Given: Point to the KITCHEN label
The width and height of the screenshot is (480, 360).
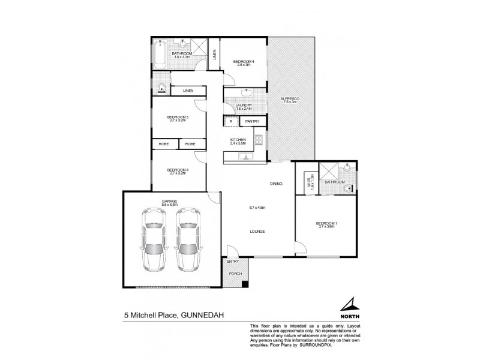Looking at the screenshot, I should pyautogui.click(x=238, y=140).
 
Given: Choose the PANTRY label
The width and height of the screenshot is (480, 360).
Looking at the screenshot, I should pyautogui.click(x=251, y=121).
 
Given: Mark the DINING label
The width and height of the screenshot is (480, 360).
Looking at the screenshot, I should pyautogui.click(x=276, y=183).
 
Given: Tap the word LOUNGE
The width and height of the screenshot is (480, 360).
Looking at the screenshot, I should pyautogui.click(x=259, y=231).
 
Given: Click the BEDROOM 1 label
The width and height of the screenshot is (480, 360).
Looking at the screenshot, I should pyautogui.click(x=326, y=223).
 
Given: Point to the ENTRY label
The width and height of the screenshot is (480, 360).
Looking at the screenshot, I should pyautogui.click(x=232, y=262).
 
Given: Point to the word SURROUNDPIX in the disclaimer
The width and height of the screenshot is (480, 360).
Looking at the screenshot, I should pyautogui.click(x=320, y=346).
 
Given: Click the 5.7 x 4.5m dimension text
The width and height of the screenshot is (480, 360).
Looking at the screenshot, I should pyautogui.click(x=257, y=208).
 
